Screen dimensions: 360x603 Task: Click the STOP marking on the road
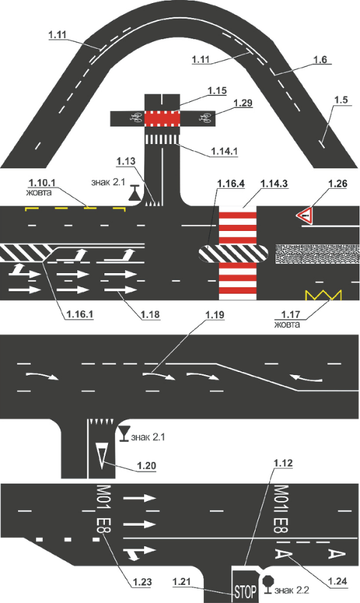pos(245,591)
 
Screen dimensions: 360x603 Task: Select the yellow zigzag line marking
pos(323,295)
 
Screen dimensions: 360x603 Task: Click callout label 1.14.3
pos(274,184)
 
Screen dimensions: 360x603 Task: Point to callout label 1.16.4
pos(231,184)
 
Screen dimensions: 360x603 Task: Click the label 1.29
pos(243,103)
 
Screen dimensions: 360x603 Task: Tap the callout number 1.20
pos(147,466)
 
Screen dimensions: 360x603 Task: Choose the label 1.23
pos(142,582)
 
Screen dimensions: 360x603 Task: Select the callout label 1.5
pos(341,99)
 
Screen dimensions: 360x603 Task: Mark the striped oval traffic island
pos(233,254)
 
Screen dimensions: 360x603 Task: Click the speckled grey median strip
pos(317,254)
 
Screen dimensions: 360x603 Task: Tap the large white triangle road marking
pos(102,455)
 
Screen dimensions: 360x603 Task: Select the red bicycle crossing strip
pos(162,118)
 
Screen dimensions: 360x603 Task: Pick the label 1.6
pos(320,60)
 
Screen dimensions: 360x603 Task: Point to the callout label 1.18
pos(150,315)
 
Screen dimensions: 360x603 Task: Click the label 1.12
pos(283,463)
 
